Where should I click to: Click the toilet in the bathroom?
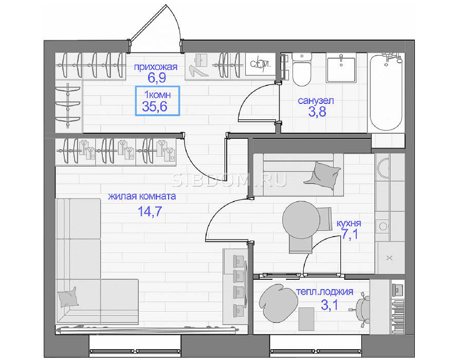point(302,69)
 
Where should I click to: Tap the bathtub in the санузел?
point(386,93)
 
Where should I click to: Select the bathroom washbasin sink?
point(341,69)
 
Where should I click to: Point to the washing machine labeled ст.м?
point(261,64)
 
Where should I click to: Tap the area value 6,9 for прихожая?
point(157,78)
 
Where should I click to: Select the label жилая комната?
point(142,196)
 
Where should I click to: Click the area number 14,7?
point(150,211)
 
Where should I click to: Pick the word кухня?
point(349,223)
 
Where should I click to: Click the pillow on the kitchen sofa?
point(322,176)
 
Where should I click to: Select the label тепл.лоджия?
point(325,292)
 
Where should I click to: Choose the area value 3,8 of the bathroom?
point(317,112)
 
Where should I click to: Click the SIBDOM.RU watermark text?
point(229,181)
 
